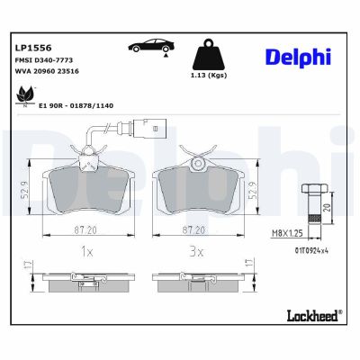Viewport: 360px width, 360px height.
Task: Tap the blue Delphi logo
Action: pyautogui.click(x=298, y=57)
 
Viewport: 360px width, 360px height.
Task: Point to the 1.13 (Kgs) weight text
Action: pyautogui.click(x=210, y=77)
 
